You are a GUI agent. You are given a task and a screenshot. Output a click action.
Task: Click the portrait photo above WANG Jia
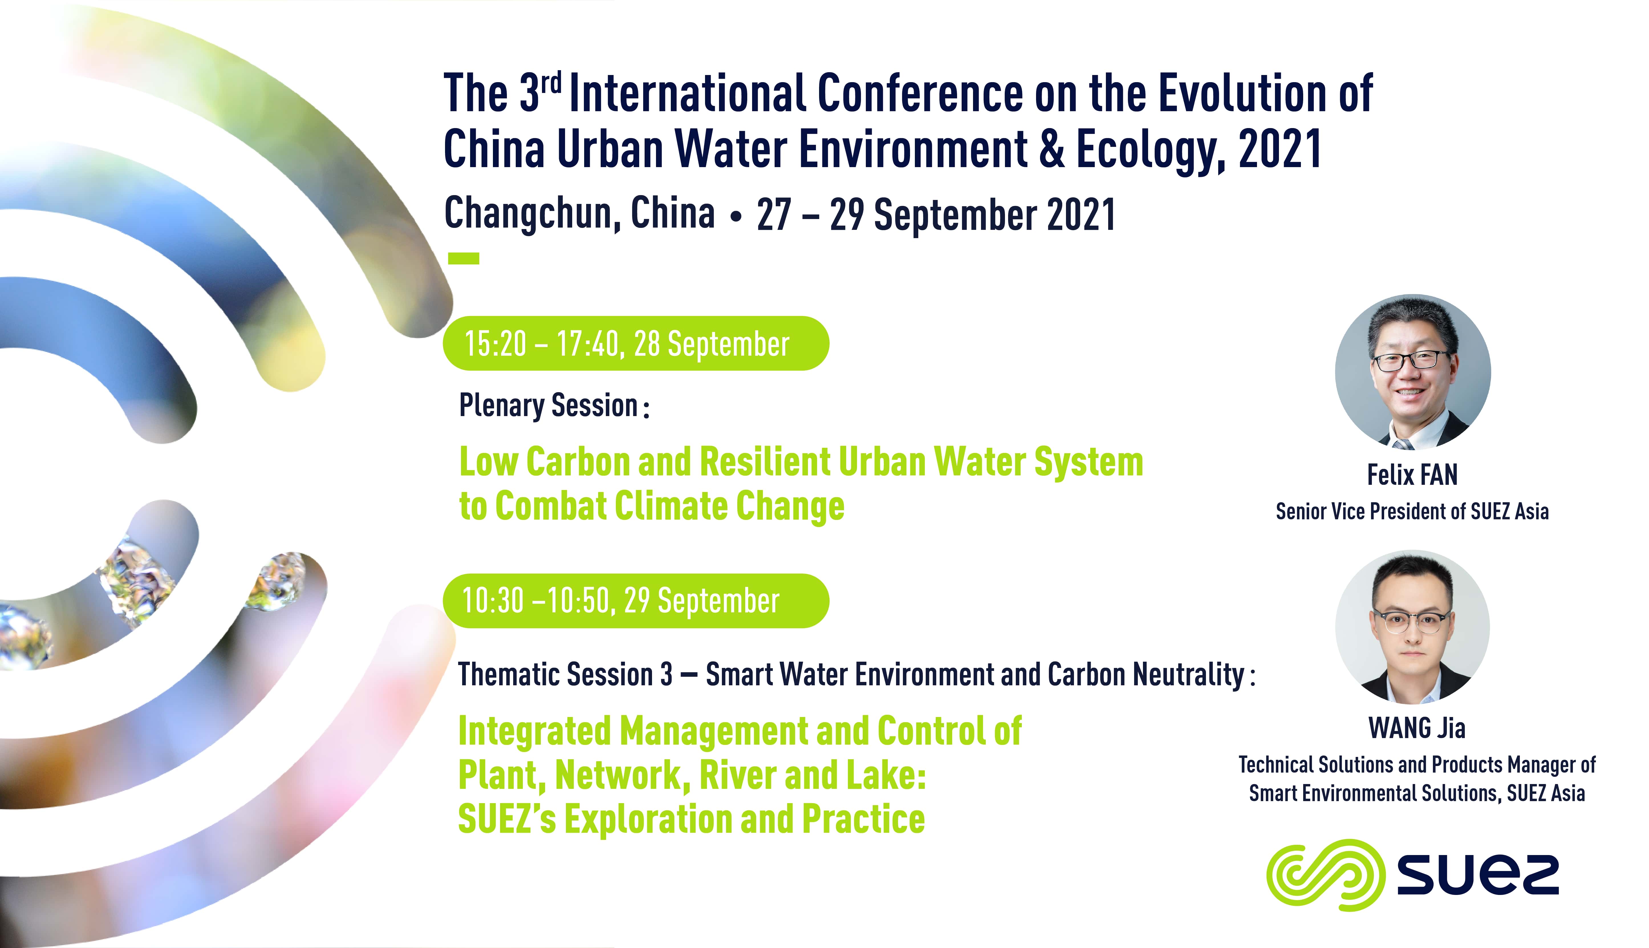point(1413,627)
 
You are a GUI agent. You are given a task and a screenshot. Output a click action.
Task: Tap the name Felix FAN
point(1412,475)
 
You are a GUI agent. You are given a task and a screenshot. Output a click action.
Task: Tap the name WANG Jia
point(1417,728)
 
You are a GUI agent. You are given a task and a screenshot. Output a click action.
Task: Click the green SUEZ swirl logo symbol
point(1325,874)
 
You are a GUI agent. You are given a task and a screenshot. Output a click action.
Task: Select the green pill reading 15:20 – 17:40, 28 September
point(636,343)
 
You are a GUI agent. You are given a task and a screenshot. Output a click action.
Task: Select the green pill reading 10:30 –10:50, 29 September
point(636,600)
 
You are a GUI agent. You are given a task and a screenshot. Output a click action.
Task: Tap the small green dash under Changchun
point(464,258)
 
